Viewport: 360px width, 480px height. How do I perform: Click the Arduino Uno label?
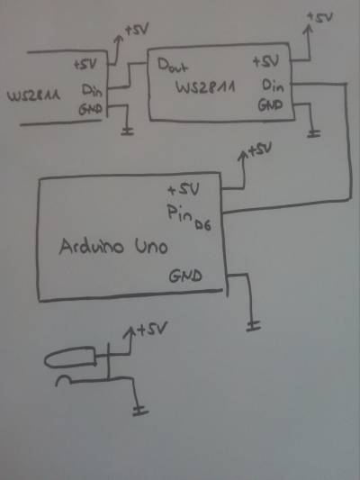113,247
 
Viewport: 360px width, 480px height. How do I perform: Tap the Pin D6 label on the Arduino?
189,217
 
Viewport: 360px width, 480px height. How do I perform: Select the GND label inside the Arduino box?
185,276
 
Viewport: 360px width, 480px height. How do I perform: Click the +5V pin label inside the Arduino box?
184,190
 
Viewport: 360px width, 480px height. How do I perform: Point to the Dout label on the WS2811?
173,66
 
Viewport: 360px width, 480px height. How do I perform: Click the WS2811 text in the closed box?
205,87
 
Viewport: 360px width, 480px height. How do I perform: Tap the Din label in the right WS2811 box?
273,86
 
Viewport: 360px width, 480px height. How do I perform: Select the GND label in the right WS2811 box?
270,105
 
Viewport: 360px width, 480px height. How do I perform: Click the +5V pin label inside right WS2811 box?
265,61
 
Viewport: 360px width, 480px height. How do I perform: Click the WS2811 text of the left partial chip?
33,96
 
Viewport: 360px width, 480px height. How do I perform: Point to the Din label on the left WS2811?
92,90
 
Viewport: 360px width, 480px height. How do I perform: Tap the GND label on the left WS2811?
91,109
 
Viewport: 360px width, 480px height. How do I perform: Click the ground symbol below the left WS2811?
127,131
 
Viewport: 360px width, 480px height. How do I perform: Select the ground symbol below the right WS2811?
314,133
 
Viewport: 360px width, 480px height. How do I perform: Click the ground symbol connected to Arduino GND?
254,326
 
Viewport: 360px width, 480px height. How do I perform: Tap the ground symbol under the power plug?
140,411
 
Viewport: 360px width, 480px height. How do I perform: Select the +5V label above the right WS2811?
319,17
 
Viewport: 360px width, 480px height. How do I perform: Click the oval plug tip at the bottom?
70,357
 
